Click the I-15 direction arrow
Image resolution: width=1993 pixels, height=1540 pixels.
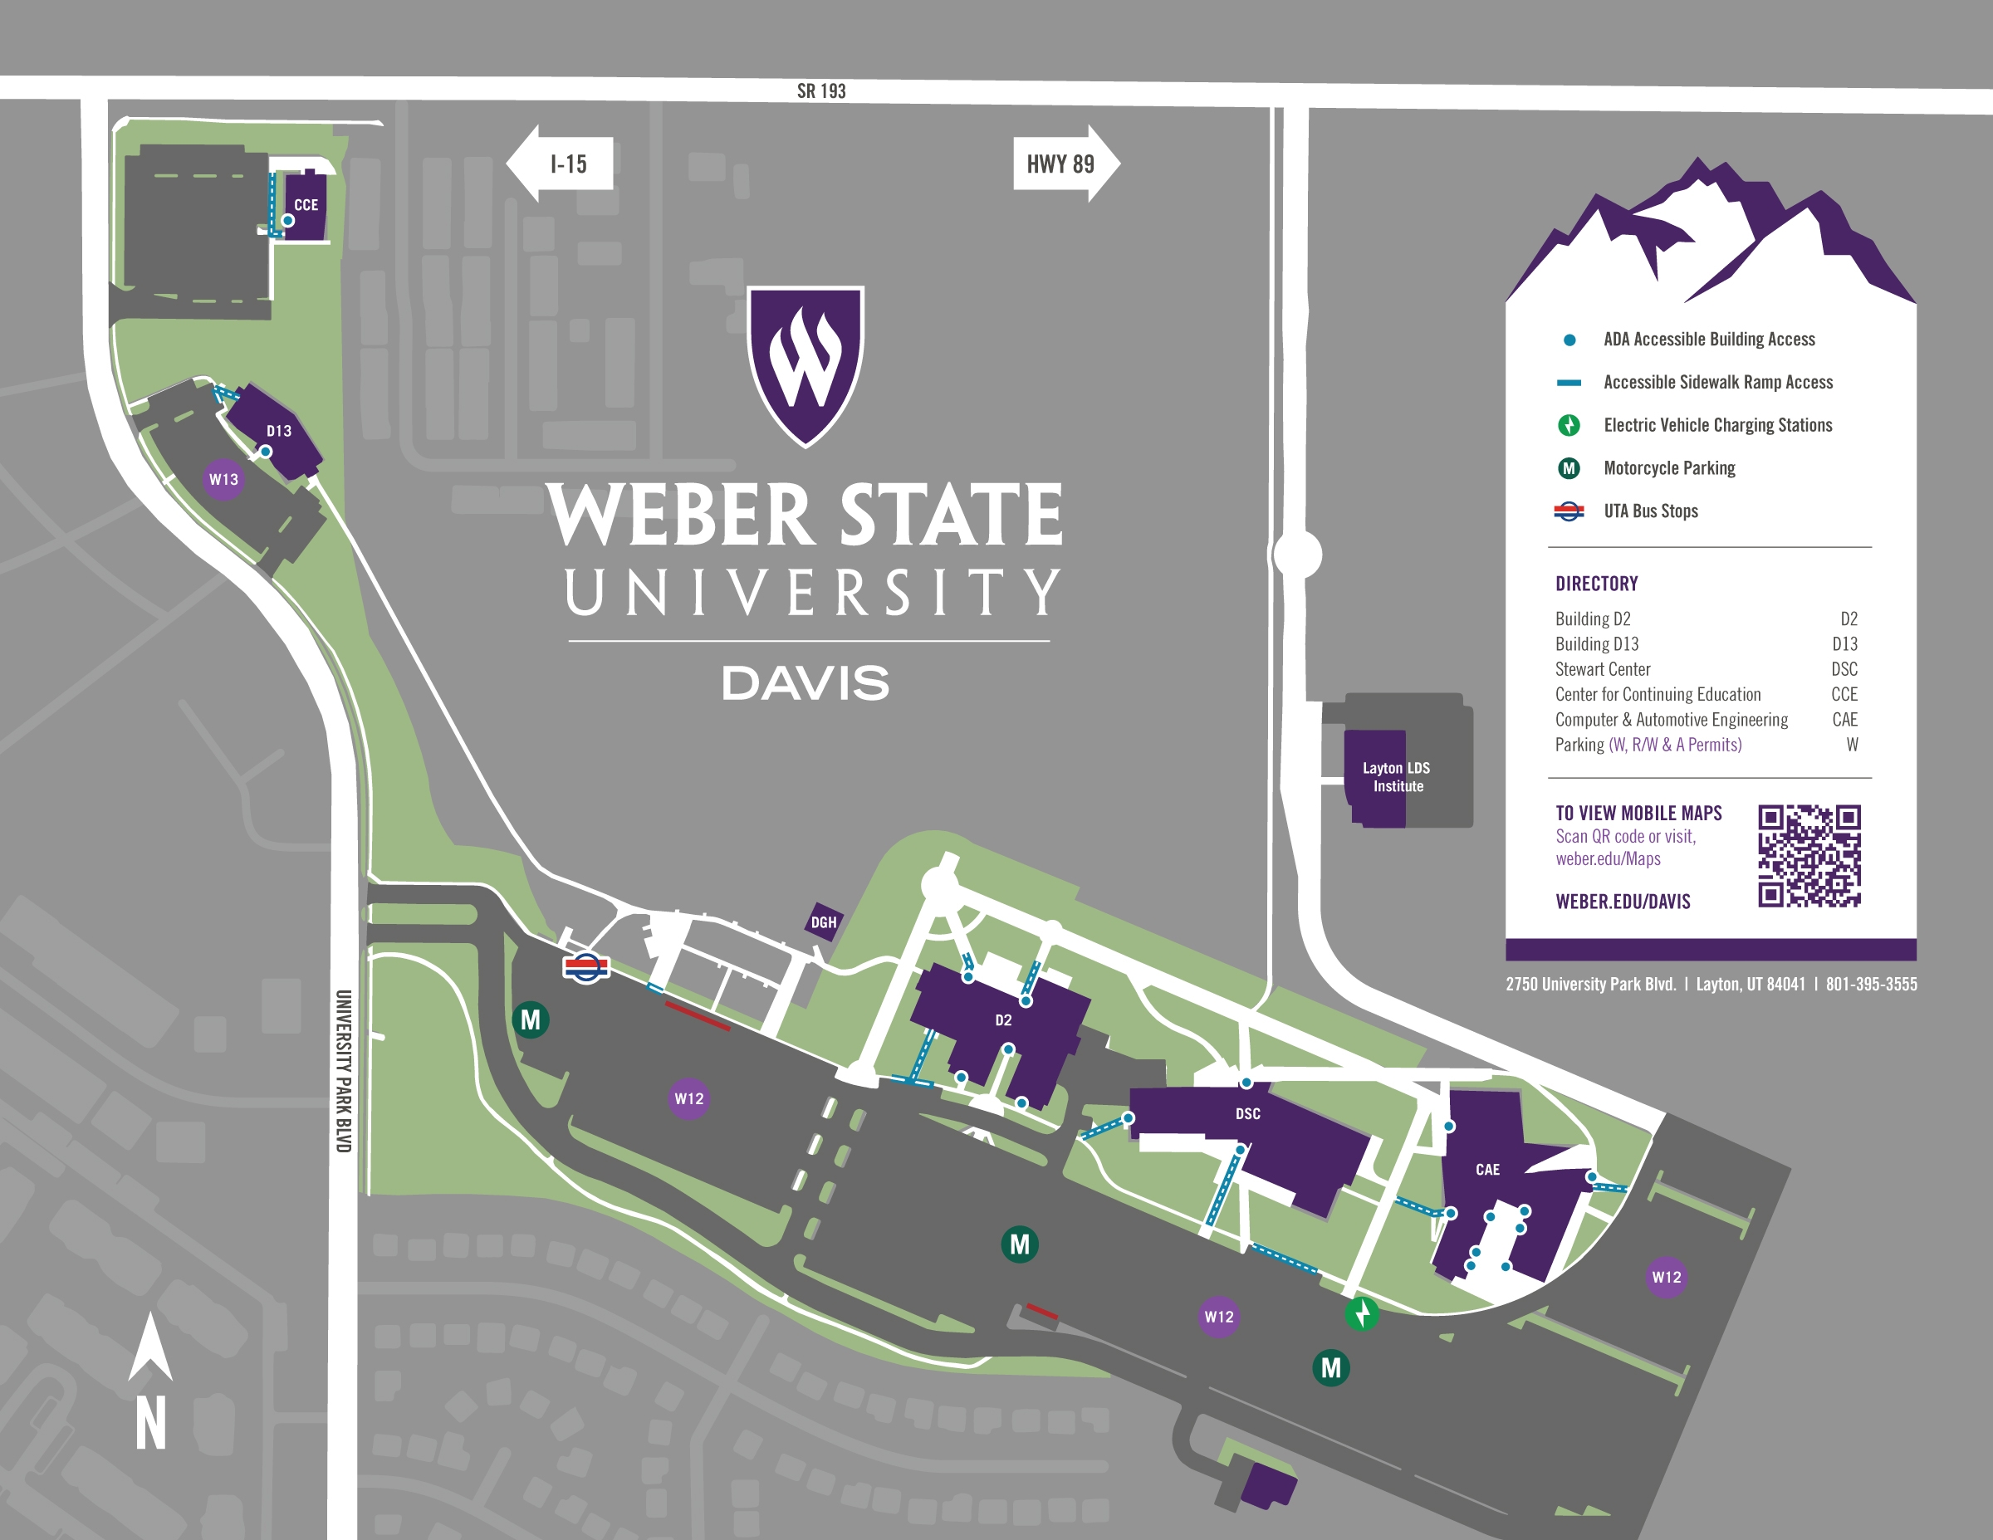coord(560,164)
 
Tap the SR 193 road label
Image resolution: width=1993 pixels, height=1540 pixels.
coord(821,91)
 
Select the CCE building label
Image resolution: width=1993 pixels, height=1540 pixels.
coord(306,205)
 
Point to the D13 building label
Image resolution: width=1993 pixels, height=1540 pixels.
coord(278,431)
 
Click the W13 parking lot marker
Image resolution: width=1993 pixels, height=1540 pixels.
coord(223,479)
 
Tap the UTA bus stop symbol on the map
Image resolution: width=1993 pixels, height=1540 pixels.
coord(585,966)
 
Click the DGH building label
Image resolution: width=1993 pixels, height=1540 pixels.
coord(823,922)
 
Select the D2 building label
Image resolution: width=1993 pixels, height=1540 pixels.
coord(1003,1020)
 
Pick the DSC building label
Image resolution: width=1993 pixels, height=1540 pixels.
coord(1247,1114)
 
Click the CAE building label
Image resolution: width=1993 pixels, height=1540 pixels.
coord(1487,1170)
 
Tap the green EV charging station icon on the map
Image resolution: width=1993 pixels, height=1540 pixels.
coord(1362,1313)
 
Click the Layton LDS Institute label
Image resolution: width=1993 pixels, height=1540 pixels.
coord(1396,777)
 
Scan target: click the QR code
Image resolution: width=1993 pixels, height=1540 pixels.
coord(1809,856)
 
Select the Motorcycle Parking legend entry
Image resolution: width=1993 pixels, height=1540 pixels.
coord(1669,468)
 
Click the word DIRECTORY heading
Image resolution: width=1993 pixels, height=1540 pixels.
coord(1596,584)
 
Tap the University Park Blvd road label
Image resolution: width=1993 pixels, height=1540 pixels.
coord(343,1071)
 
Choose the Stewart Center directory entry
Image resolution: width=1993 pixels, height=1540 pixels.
coord(1603,669)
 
